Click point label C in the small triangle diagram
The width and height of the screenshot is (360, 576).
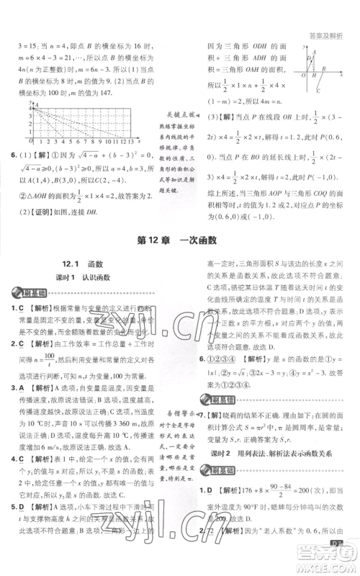pos(319,91)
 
